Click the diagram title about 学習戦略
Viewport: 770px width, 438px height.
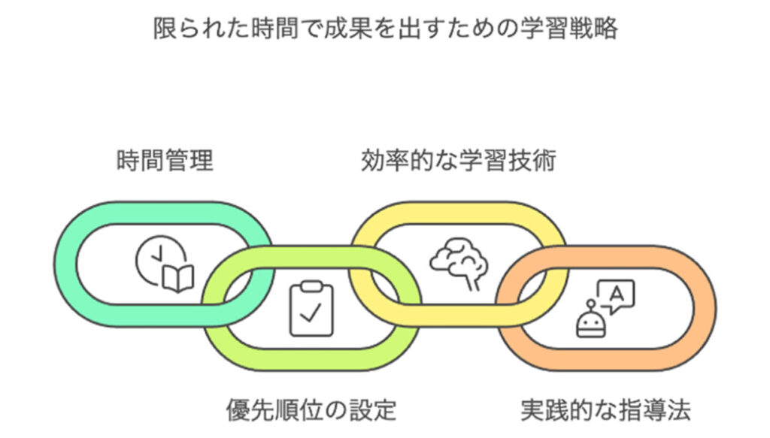click(x=385, y=29)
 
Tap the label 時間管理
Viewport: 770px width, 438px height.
click(x=165, y=161)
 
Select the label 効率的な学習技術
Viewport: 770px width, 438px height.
click(x=458, y=161)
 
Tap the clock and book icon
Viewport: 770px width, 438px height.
click(x=164, y=264)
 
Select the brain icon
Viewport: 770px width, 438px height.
click(x=459, y=264)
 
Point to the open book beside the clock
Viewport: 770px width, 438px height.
click(x=178, y=278)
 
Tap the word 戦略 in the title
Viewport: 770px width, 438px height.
click(x=594, y=29)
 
